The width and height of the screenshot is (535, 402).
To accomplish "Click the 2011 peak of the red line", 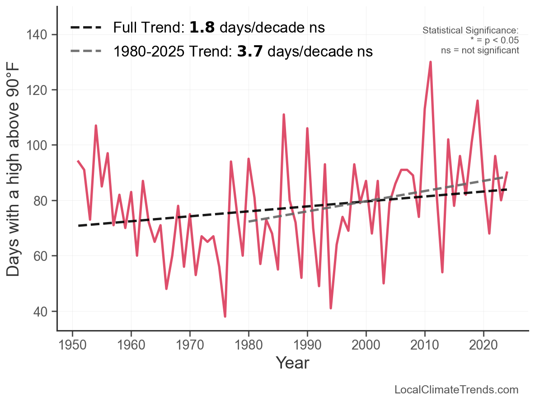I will pyautogui.click(x=431, y=62).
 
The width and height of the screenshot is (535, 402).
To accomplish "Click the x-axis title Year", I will pyautogui.click(x=292, y=363).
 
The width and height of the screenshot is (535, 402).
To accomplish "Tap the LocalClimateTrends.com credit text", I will pyautogui.click(x=456, y=389).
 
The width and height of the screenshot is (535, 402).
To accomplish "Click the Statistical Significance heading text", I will pyautogui.click(x=470, y=30).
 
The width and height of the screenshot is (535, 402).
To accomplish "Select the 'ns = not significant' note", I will pyautogui.click(x=480, y=50).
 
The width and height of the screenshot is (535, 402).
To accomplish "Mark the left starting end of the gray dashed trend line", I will pyautogui.click(x=249, y=222).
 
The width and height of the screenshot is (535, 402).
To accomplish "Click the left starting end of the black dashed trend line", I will pyautogui.click(x=78, y=226).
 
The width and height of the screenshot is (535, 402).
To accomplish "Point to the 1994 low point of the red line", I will pyautogui.click(x=331, y=308).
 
